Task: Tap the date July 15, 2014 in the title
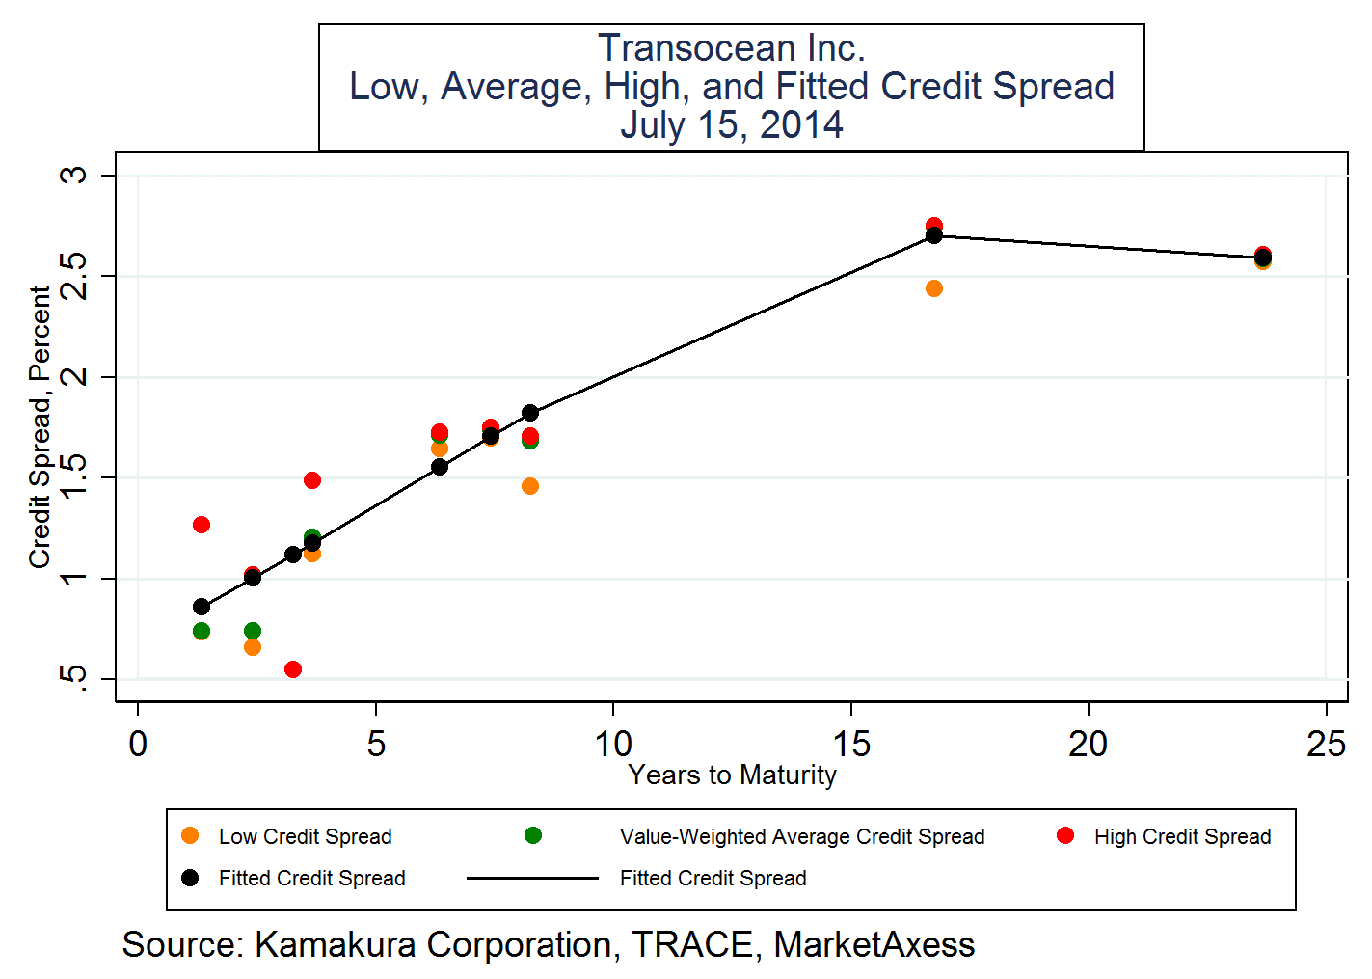(731, 125)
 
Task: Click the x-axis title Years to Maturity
(732, 775)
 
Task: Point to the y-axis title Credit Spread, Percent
(40, 426)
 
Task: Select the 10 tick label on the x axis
(613, 744)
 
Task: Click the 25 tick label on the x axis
(1326, 744)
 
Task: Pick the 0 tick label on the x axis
(138, 744)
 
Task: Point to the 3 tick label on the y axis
(73, 176)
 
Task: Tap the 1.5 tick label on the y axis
(73, 477)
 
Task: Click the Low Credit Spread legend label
(305, 837)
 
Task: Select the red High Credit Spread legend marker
(1065, 835)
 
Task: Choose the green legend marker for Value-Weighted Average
(533, 835)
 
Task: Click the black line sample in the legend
(532, 878)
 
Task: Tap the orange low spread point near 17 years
(933, 288)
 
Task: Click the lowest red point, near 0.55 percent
(293, 669)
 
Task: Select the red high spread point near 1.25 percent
(202, 525)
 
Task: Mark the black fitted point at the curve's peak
(933, 235)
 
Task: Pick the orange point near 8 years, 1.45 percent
(530, 486)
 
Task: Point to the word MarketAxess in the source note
(874, 945)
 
